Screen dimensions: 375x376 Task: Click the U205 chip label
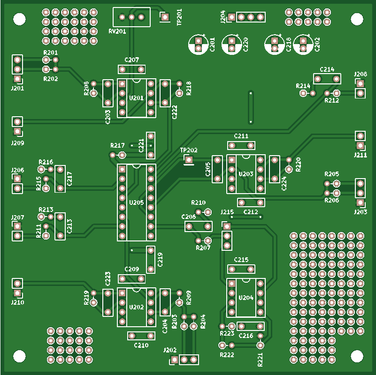137,202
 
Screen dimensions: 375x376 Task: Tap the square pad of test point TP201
165,17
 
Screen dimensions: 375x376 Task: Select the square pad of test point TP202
189,160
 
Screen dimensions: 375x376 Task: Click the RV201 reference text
117,31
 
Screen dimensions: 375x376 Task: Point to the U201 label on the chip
136,98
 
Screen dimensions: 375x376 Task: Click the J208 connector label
361,74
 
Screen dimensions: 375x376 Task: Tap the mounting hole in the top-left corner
19,19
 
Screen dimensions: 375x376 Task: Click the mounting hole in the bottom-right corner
357,356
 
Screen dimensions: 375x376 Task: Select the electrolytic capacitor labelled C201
199,45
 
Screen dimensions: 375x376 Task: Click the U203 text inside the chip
246,174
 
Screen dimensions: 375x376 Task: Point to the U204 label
246,298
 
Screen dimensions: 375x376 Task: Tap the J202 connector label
170,350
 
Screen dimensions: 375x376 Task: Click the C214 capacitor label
327,69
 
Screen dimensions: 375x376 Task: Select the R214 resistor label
303,86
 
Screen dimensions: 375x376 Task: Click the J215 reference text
227,212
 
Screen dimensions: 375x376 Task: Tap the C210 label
141,345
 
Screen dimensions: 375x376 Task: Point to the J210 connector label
17,302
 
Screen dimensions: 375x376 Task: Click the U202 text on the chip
136,307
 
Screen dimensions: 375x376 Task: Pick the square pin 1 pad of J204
231,17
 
